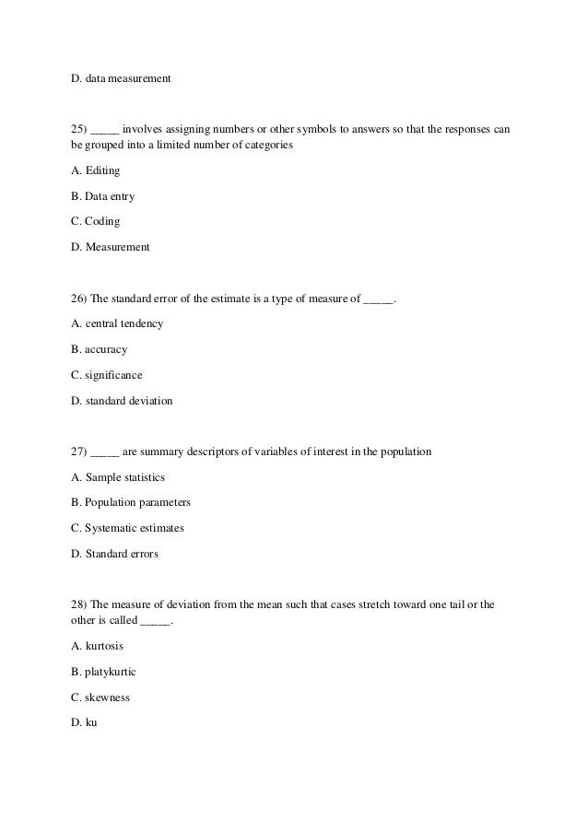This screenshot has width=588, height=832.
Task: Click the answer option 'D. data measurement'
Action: coord(121,78)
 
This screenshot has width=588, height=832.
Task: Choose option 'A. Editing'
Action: coord(95,170)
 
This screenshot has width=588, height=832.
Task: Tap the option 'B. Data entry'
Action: coord(102,196)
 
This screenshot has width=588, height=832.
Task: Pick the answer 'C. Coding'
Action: coord(95,222)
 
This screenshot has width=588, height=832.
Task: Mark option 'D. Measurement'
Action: coord(110,247)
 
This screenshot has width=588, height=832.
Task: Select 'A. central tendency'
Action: coord(117,324)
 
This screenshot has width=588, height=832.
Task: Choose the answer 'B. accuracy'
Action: coord(99,350)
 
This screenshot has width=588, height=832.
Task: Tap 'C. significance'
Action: coord(106,375)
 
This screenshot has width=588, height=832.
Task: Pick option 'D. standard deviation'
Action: coord(121,401)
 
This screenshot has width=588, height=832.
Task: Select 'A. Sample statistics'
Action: coord(117,477)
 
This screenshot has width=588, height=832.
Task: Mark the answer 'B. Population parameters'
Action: coord(130,503)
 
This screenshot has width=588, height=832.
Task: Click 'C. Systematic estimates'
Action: coord(127,528)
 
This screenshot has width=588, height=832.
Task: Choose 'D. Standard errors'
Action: coord(114,554)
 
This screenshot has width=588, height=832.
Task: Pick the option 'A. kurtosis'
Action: coord(97,646)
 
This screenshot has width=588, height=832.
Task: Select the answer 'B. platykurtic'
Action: coord(102,672)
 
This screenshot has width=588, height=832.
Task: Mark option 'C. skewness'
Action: coord(100,697)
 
